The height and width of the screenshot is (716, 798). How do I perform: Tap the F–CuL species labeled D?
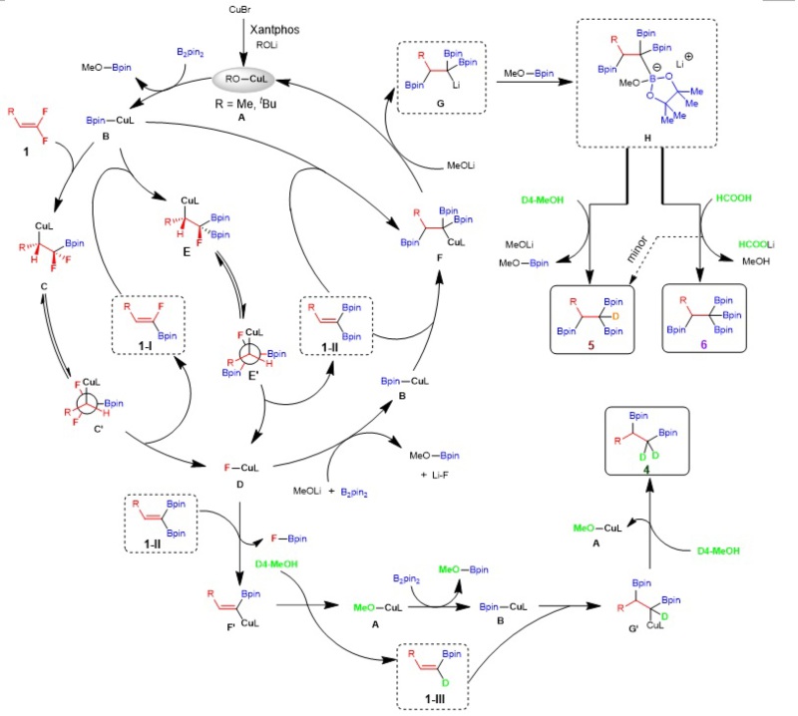(x=240, y=467)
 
